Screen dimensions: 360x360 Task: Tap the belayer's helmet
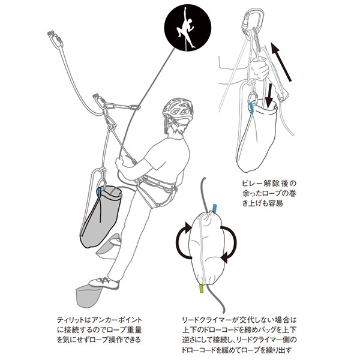tap(178, 110)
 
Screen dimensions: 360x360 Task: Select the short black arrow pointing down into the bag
tap(270, 91)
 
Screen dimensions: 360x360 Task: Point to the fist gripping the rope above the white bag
tap(260, 69)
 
